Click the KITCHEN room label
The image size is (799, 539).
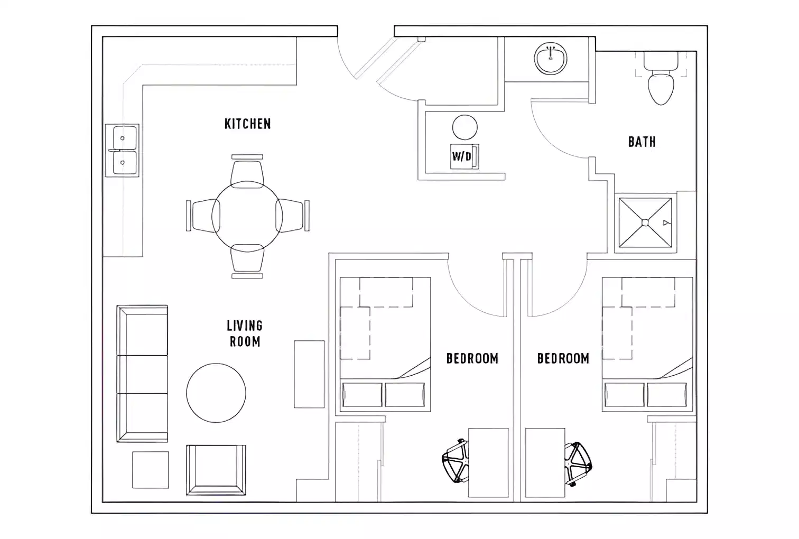click(247, 124)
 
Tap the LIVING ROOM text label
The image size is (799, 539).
click(245, 333)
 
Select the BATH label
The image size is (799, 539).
click(642, 142)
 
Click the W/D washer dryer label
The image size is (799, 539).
click(461, 156)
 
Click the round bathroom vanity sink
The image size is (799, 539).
click(551, 59)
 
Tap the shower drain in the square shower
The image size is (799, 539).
click(645, 222)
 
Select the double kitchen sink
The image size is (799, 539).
click(123, 151)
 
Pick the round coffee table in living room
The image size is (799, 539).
click(216, 393)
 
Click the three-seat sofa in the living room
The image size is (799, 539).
click(142, 374)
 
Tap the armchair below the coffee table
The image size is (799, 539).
click(216, 470)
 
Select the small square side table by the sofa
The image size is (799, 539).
click(151, 470)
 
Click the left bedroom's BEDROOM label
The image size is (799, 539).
click(472, 358)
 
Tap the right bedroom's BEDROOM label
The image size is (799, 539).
click(563, 358)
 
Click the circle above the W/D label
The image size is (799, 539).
click(465, 128)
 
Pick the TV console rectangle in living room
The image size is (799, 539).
click(309, 374)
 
